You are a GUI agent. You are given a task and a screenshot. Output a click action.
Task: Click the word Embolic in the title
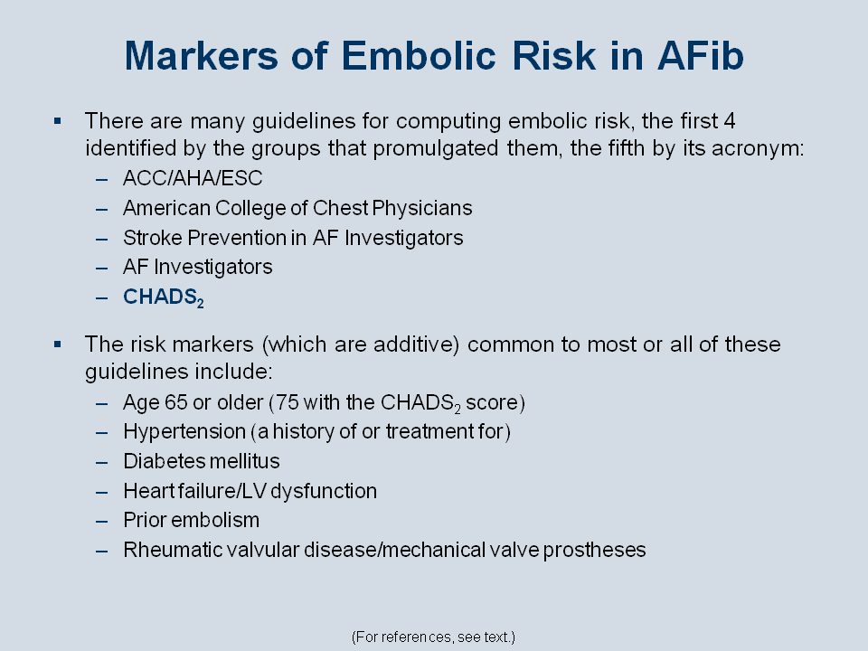419,56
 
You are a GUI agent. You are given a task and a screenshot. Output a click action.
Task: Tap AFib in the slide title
700,56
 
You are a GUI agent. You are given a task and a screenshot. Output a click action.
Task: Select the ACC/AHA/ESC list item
193,178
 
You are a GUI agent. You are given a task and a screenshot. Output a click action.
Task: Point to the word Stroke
153,238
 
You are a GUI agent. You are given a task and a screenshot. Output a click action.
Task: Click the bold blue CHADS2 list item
164,297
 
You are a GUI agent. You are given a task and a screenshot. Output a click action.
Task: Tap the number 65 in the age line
176,402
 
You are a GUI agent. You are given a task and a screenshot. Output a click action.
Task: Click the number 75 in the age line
288,402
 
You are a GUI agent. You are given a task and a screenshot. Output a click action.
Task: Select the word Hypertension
184,432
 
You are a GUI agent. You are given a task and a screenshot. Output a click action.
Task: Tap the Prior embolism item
191,521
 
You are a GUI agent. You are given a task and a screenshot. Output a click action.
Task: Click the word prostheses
594,551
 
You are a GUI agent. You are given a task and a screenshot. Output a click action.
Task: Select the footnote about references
433,637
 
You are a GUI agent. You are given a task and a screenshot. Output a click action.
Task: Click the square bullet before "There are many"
58,120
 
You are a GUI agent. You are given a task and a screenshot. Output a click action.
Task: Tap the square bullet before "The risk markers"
58,344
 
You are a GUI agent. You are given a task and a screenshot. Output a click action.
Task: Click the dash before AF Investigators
101,268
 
